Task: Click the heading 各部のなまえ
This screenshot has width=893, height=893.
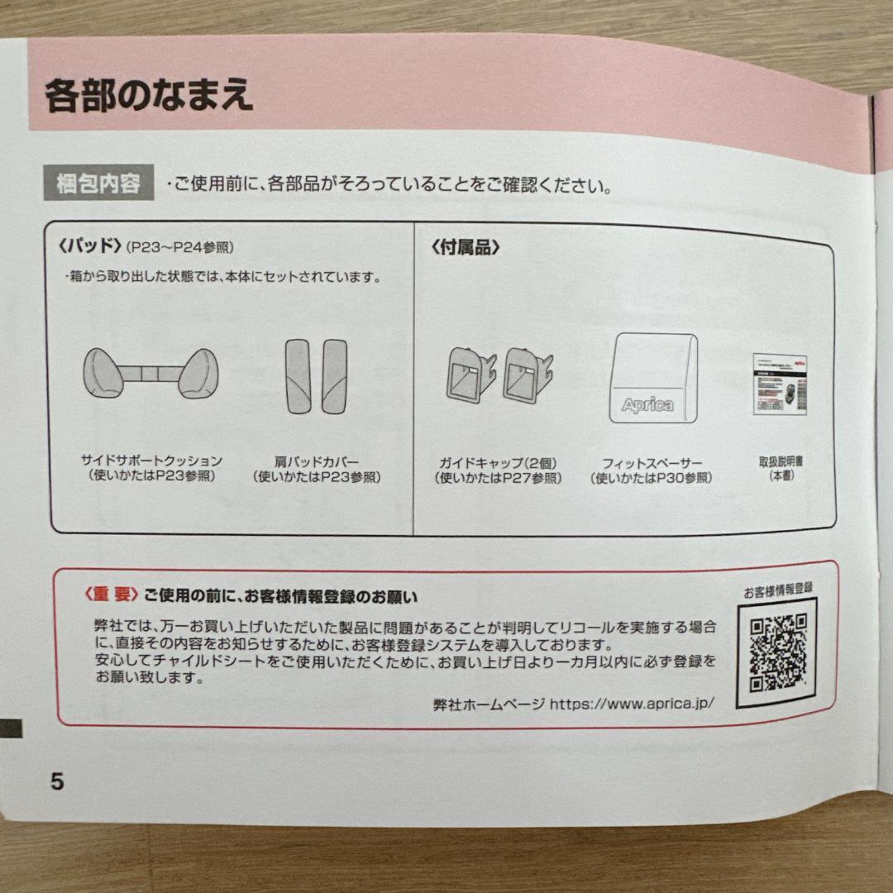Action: pos(149,95)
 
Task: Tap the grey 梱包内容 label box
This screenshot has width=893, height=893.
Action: pos(98,184)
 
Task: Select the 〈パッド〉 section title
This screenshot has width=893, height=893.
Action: pos(91,246)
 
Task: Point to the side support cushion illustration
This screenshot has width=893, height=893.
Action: pos(150,373)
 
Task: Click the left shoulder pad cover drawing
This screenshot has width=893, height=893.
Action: pos(298,375)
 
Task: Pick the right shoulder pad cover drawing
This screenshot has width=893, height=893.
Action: pos(334,375)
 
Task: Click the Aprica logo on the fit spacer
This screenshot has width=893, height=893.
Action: pos(647,405)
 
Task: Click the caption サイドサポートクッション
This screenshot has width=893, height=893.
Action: pos(151,461)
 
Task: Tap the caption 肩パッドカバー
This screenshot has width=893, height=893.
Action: pos(317,461)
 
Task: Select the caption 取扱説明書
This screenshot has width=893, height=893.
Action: pos(781,461)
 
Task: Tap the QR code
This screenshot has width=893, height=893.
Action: pos(777,652)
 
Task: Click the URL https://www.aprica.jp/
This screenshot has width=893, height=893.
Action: pos(630,704)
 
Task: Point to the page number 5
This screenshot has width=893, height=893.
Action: pos(56,781)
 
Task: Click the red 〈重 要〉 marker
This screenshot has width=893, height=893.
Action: pos(110,595)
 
